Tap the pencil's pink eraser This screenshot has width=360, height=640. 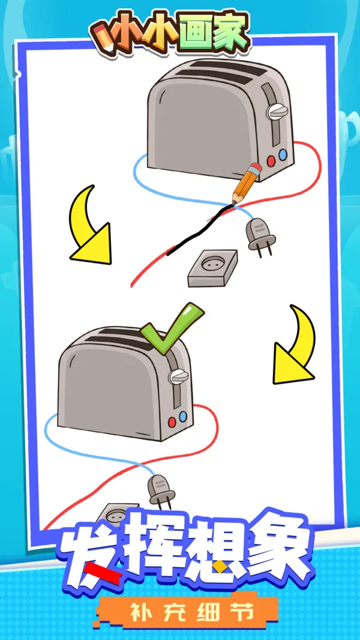256,168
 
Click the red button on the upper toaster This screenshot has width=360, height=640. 271,161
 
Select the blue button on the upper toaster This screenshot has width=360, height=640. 283,155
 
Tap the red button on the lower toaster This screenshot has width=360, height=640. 172,422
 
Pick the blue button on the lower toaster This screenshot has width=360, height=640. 183,416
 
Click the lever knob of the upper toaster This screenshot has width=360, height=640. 277,112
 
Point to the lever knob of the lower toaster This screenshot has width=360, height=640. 179,376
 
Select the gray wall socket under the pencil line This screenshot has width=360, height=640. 212,268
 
